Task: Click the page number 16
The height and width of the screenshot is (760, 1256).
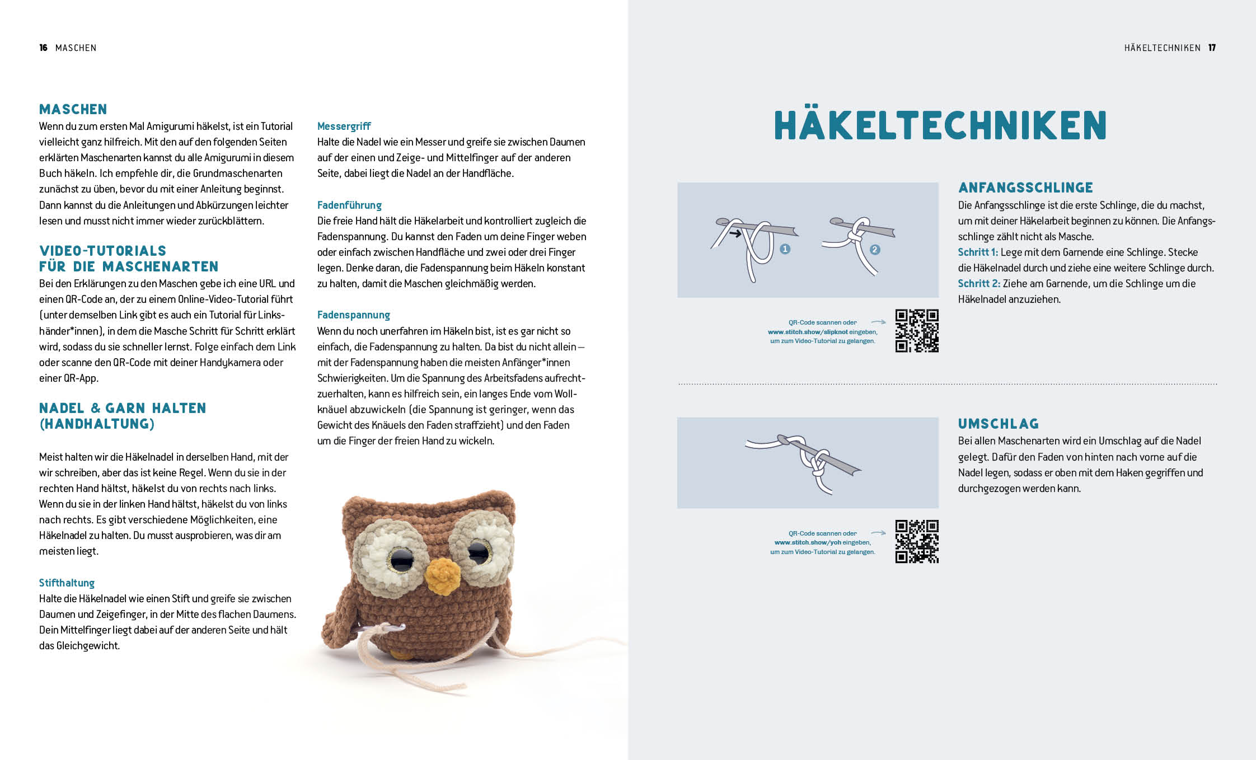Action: coord(43,48)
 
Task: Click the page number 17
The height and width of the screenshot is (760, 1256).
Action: coord(1212,48)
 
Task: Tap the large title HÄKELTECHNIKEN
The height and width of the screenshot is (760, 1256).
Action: coord(940,125)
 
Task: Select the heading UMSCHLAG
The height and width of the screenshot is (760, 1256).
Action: coord(998,424)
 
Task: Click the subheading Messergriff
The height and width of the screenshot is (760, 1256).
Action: coord(344,126)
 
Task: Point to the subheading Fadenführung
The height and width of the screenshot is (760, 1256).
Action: coord(349,205)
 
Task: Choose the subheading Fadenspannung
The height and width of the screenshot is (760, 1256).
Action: coord(353,315)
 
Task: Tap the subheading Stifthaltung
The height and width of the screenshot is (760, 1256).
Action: coord(67,583)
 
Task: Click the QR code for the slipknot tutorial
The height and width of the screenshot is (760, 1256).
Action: coord(916,331)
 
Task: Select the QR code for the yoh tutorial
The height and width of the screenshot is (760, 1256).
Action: coord(916,541)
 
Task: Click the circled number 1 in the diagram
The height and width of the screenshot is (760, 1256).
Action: coord(785,249)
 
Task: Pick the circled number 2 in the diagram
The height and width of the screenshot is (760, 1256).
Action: coord(875,250)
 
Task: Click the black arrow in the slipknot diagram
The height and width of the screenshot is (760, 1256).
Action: coord(735,233)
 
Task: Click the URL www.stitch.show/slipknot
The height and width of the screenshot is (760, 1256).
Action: coord(807,332)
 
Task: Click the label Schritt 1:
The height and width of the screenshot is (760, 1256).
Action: coord(977,252)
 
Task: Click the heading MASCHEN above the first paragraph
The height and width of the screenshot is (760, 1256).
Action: coord(73,110)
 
